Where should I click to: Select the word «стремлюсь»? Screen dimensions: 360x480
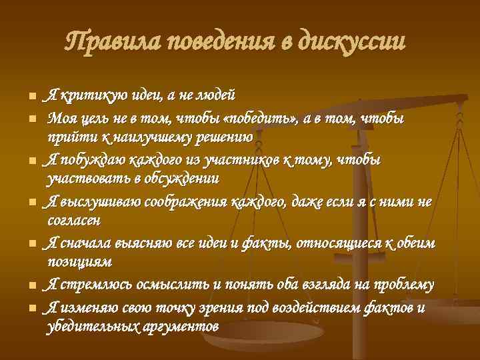(94, 285)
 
